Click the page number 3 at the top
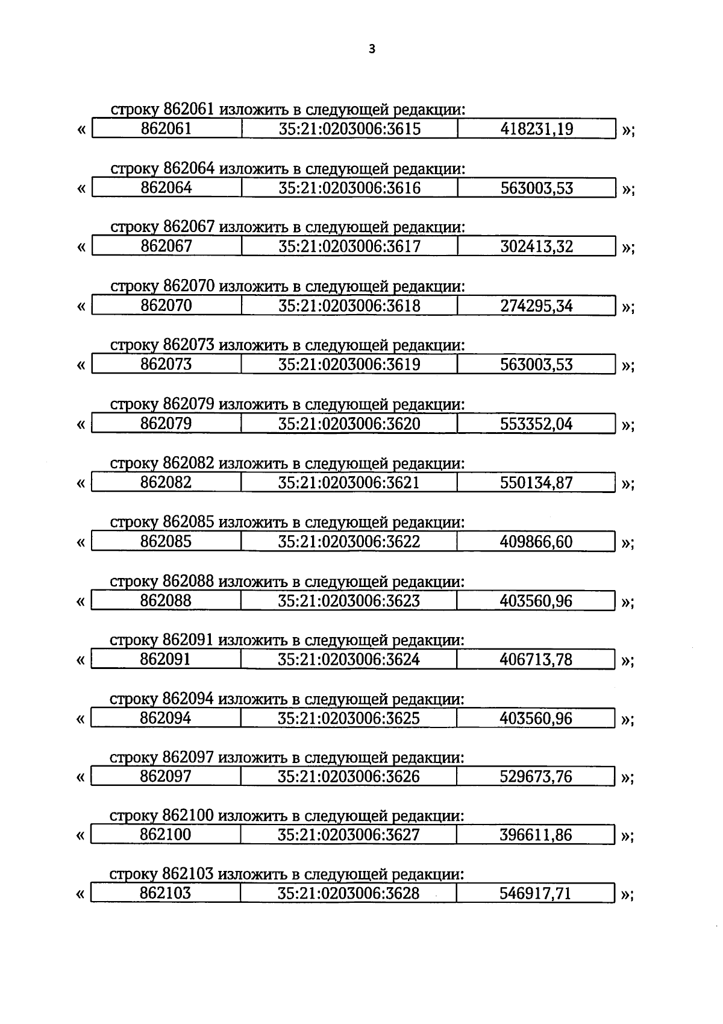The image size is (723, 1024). (x=371, y=49)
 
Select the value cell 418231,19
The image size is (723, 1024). (x=536, y=129)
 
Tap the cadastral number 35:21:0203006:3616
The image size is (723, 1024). (x=349, y=188)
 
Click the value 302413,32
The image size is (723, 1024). (x=536, y=247)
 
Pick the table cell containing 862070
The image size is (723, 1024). (x=166, y=306)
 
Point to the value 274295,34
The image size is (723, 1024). (x=536, y=306)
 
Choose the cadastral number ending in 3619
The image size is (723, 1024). (x=349, y=365)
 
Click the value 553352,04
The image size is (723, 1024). (x=536, y=424)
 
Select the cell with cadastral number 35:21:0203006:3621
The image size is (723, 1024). (x=349, y=483)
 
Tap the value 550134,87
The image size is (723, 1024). (x=536, y=483)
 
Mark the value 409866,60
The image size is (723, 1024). (x=536, y=542)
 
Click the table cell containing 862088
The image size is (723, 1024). (x=166, y=601)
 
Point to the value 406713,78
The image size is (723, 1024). (x=536, y=659)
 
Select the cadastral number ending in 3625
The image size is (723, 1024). (x=349, y=718)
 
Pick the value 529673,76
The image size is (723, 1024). (x=536, y=777)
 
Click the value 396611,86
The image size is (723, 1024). (x=536, y=835)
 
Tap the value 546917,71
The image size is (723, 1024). (x=536, y=893)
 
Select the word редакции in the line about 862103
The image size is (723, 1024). (x=428, y=875)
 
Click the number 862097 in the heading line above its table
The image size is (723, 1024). (x=188, y=758)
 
